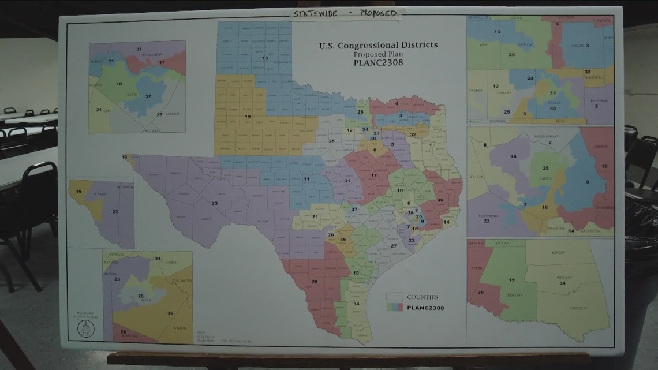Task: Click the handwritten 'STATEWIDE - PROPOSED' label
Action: (x=345, y=13)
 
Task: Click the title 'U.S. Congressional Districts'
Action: (x=378, y=44)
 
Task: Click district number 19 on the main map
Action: (x=247, y=117)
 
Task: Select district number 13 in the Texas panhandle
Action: (x=264, y=58)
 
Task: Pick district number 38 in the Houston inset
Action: (x=513, y=156)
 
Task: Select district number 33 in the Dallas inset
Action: (x=552, y=92)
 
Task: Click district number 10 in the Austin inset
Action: (x=119, y=84)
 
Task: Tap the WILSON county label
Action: (x=180, y=327)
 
